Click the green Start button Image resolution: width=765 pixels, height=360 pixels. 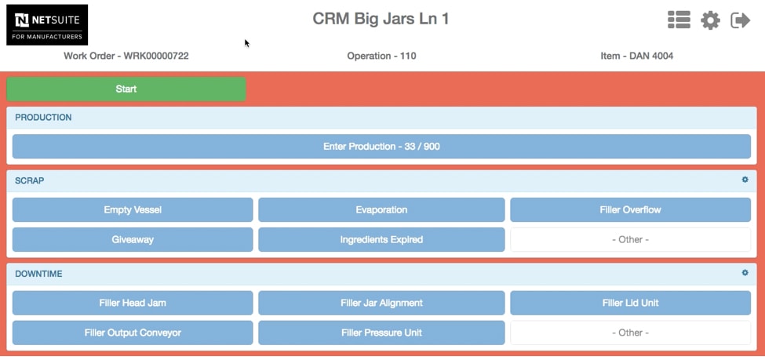coord(126,89)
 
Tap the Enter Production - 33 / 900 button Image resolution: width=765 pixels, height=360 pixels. coord(381,147)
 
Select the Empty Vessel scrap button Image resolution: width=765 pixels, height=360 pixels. coord(133,209)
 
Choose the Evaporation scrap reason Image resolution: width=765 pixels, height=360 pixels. coord(381,209)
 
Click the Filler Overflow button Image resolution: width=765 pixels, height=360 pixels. coord(630,209)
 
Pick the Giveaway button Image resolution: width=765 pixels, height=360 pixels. coord(133,239)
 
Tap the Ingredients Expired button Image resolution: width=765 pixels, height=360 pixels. coord(381,239)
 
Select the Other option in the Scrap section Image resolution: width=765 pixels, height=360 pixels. coord(630,239)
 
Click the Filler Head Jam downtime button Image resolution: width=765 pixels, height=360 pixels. coord(133,303)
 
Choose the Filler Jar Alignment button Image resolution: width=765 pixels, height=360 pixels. coord(381,303)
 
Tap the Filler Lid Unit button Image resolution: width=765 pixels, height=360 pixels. coord(630,303)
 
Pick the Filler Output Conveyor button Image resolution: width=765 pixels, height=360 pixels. coord(133,333)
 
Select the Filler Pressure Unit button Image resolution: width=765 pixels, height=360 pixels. coord(381,333)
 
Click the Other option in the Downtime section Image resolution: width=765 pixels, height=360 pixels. coord(630,333)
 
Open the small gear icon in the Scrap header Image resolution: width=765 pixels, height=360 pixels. coord(745,180)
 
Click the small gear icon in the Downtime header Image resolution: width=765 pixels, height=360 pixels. coord(745,273)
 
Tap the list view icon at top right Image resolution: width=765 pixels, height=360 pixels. coord(679,20)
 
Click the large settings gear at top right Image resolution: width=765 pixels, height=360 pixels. coord(710,20)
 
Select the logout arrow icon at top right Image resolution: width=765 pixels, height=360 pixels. coord(740,20)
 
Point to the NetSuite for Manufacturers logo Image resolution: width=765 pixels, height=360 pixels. coord(47,25)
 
